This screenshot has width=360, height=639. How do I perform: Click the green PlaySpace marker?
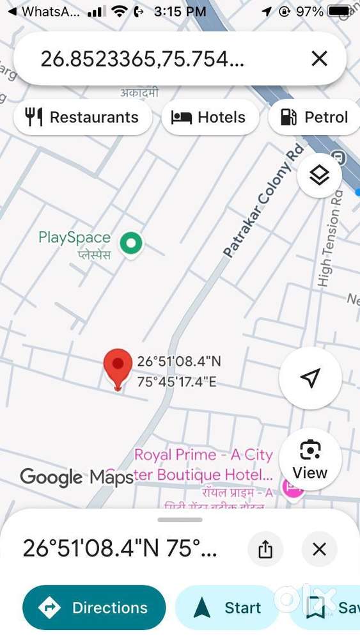tap(132, 243)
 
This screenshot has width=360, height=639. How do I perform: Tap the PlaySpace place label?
tap(74, 244)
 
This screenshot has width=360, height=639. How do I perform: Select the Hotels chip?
tap(209, 117)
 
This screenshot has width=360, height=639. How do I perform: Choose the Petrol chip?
tap(315, 117)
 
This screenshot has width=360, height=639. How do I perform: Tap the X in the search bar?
tap(319, 59)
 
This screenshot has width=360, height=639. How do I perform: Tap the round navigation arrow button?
tap(310, 378)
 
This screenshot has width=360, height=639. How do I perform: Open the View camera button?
tap(310, 459)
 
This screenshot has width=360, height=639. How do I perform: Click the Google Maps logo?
tap(76, 477)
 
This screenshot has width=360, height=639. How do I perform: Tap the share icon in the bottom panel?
tap(266, 549)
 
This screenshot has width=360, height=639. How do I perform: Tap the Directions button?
tap(94, 608)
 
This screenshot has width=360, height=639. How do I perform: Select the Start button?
tap(227, 608)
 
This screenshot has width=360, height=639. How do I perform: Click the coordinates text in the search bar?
tap(142, 59)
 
